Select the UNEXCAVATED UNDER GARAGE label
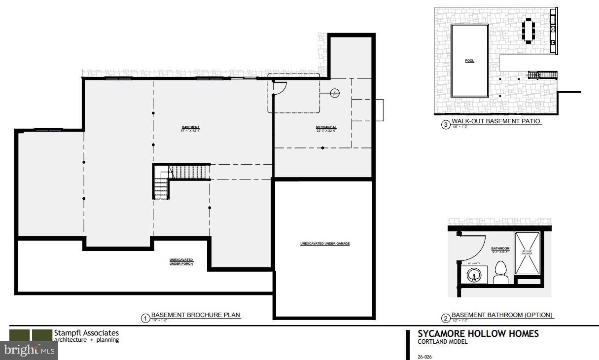(x=325, y=244)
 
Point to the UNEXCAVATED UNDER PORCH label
(x=181, y=262)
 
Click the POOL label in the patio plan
(x=469, y=61)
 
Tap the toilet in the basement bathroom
(x=500, y=273)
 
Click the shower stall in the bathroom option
(x=527, y=252)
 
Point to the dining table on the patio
(x=529, y=31)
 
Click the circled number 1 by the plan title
(x=145, y=318)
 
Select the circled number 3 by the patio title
(x=446, y=125)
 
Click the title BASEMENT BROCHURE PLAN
(x=196, y=315)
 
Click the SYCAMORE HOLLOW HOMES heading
(x=478, y=334)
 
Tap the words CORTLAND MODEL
(x=442, y=342)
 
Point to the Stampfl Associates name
(x=86, y=333)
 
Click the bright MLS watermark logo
(x=29, y=350)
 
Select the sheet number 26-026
(x=424, y=357)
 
